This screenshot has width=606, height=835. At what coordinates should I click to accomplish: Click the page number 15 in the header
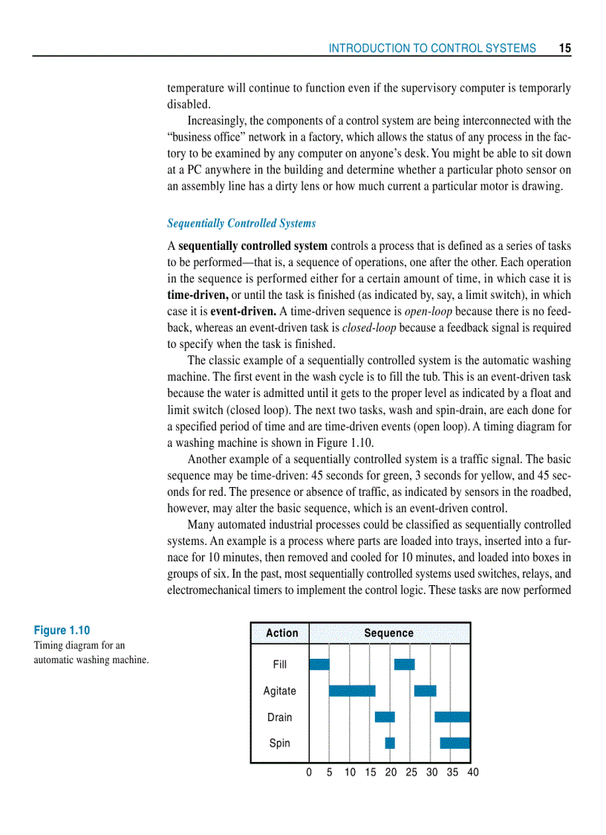tap(564, 48)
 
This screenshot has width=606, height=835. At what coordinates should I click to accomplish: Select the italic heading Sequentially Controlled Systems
tap(241, 223)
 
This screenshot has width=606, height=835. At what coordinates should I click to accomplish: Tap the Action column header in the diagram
tap(281, 633)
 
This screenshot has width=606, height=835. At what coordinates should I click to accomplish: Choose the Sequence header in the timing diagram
tap(388, 633)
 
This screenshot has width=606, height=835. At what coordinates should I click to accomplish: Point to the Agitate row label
tap(279, 691)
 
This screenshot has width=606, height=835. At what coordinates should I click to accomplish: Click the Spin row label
tap(279, 743)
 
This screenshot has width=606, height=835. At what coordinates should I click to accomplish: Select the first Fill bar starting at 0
tap(319, 664)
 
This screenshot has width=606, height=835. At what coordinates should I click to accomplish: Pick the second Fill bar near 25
tap(404, 664)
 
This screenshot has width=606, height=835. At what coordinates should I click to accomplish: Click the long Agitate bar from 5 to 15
tap(352, 691)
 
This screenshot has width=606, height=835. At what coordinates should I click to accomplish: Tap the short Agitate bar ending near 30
tap(425, 691)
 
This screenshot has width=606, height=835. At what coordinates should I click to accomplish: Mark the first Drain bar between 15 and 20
tap(385, 717)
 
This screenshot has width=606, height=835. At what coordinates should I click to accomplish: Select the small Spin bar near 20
tap(390, 743)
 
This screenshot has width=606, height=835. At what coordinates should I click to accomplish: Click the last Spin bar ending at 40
tap(454, 743)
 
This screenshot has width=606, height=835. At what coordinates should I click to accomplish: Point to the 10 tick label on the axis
tap(350, 773)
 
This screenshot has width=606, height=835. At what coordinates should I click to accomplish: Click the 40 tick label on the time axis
tap(472, 773)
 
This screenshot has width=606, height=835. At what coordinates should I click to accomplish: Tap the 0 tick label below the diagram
tap(309, 773)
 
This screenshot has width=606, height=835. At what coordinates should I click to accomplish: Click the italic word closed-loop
tap(369, 327)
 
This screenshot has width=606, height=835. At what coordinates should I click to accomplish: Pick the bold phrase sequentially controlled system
tap(252, 245)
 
